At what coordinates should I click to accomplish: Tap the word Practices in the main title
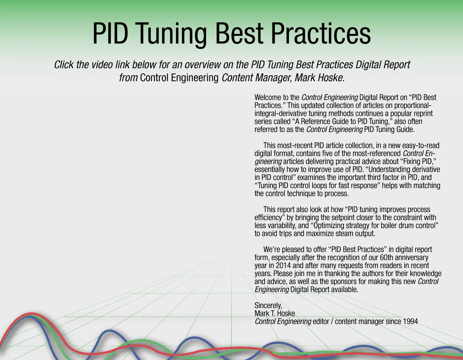(x=321, y=33)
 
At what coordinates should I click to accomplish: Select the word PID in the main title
(x=110, y=33)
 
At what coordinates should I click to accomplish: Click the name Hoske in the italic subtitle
(x=330, y=78)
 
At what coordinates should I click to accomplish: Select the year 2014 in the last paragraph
(x=283, y=265)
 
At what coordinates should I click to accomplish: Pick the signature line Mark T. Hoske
(x=275, y=314)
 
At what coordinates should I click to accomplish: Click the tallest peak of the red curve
(x=31, y=314)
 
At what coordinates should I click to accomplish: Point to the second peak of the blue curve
(x=109, y=330)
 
